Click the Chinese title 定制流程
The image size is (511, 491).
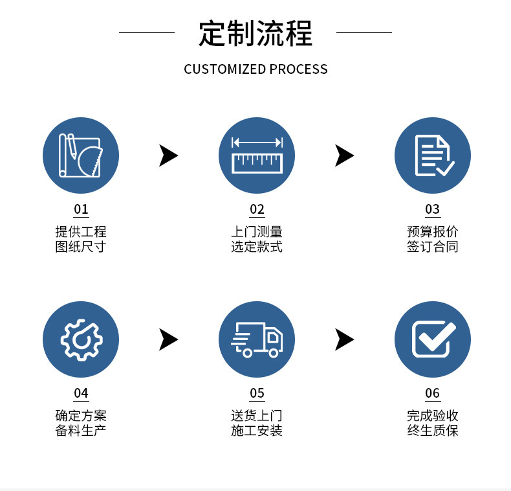(x=255, y=33)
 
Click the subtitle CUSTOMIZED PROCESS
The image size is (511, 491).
(x=255, y=69)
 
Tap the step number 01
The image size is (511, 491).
(x=81, y=209)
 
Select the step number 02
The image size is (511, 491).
(x=257, y=209)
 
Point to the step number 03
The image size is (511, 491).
(x=432, y=209)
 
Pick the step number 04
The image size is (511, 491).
(x=81, y=393)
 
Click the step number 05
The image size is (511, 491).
(x=257, y=393)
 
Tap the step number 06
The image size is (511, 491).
(x=432, y=393)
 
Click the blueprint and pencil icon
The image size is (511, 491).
(x=81, y=155)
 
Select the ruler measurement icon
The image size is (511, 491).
(x=257, y=155)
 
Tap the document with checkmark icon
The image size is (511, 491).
(x=432, y=155)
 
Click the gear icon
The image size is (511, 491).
(x=81, y=339)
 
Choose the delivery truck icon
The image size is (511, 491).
(x=257, y=339)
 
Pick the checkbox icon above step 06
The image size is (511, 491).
(x=432, y=339)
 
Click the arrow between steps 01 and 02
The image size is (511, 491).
(x=168, y=155)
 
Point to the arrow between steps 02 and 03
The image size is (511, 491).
(x=344, y=155)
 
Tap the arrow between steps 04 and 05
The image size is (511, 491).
(x=168, y=339)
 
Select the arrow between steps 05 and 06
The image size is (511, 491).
(x=344, y=339)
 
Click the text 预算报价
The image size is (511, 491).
(x=432, y=231)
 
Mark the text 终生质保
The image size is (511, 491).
(x=432, y=431)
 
